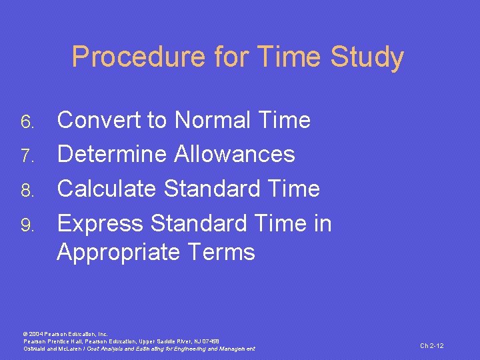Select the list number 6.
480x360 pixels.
coord(27,122)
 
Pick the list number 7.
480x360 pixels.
coord(27,156)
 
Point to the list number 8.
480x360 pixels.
coord(27,190)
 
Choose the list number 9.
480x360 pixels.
coord(27,225)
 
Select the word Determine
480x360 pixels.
coord(112,155)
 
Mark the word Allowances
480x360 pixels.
coord(235,155)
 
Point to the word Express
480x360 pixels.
coord(101,223)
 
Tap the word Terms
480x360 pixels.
coord(222,253)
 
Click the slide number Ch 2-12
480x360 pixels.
coord(431,345)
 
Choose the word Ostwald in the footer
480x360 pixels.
coord(35,349)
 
